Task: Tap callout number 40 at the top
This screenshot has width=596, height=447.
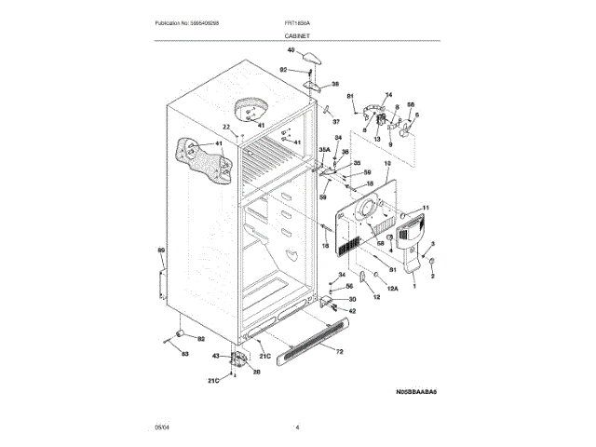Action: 291,49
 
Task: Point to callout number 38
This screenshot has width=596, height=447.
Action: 335,84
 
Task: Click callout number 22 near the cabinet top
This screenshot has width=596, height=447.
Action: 225,128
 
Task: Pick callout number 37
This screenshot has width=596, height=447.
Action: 336,122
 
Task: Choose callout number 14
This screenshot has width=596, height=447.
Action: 388,95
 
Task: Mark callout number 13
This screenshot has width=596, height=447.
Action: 377,138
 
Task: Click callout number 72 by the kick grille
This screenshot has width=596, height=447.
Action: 339,352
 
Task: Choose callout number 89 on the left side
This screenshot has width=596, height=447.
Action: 160,251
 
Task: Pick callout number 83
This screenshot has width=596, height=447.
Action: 183,354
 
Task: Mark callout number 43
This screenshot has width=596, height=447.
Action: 215,356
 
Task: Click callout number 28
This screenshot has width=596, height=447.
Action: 257,372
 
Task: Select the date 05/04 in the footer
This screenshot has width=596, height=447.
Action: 161,427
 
